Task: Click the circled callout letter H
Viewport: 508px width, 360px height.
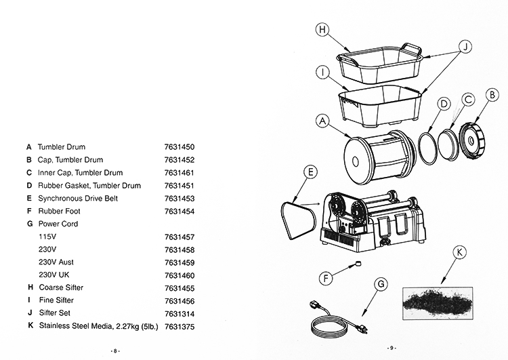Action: coord(323,30)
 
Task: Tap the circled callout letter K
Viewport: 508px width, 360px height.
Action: coord(461,252)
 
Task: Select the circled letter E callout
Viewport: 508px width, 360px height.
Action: coord(310,172)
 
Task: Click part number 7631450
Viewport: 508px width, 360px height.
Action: coord(179,146)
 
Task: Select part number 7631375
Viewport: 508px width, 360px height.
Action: coord(179,326)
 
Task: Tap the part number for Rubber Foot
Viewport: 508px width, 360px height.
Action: coord(179,211)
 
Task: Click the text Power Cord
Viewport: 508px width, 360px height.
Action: coord(58,224)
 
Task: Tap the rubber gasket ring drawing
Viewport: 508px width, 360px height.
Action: coord(426,146)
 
